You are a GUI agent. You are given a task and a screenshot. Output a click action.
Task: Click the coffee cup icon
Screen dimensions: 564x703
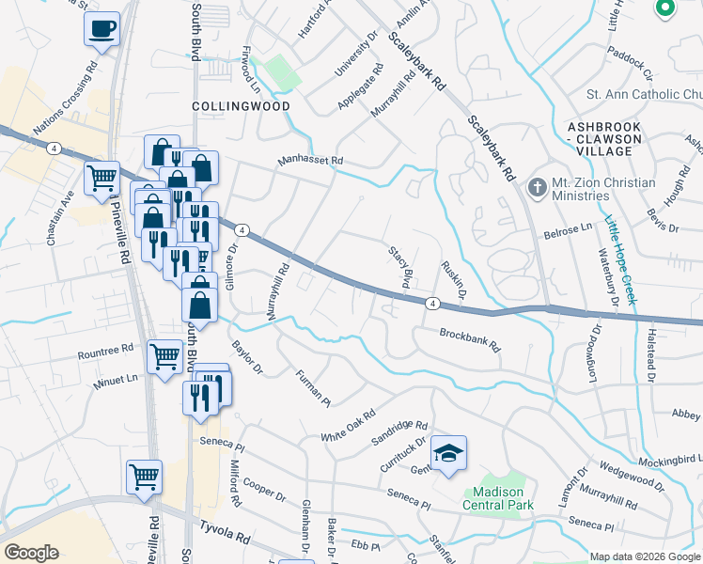(102, 29)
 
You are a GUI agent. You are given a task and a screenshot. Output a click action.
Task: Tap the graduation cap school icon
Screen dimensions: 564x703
(449, 452)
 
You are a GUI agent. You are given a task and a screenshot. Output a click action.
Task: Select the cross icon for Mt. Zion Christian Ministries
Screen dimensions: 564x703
(538, 188)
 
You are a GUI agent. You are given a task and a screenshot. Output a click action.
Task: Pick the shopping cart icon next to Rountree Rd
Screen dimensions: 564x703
(165, 355)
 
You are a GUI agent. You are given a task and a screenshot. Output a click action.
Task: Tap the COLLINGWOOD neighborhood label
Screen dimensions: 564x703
(241, 107)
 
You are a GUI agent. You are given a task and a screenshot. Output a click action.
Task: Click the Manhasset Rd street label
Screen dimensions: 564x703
(311, 162)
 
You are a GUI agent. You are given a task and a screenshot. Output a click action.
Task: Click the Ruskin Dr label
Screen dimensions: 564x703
(454, 281)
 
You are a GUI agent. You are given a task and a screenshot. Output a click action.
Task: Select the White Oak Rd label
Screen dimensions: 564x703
(348, 426)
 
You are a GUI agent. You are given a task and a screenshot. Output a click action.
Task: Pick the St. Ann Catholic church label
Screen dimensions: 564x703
(644, 94)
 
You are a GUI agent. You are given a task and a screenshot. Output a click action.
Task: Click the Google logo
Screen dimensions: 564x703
(31, 553)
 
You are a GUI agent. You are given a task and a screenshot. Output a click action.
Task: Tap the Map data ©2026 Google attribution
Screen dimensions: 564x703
(645, 556)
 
